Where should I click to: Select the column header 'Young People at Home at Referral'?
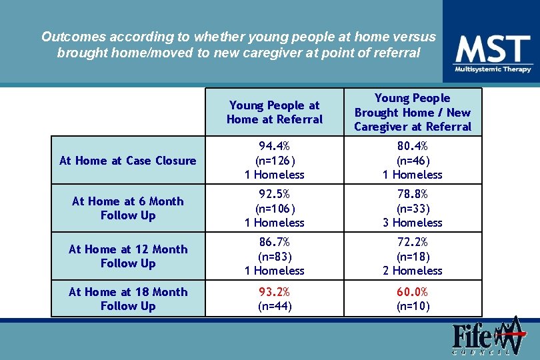[274, 112]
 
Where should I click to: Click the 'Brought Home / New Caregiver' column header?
[412, 112]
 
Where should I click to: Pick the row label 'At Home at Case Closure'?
[128, 160]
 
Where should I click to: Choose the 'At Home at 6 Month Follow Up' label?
[128, 208]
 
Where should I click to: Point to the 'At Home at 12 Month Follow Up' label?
[128, 256]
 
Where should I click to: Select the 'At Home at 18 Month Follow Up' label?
[128, 299]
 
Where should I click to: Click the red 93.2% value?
[274, 292]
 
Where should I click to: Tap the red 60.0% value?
[412, 292]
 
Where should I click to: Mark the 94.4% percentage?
[274, 146]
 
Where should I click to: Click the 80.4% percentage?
[412, 146]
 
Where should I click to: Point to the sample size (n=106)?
[274, 209]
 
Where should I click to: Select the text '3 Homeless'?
[412, 223]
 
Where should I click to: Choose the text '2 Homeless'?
[412, 271]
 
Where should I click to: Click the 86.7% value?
[274, 242]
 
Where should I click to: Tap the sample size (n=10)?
[412, 307]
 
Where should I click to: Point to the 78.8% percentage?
[412, 194]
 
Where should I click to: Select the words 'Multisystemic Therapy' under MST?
[493, 69]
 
